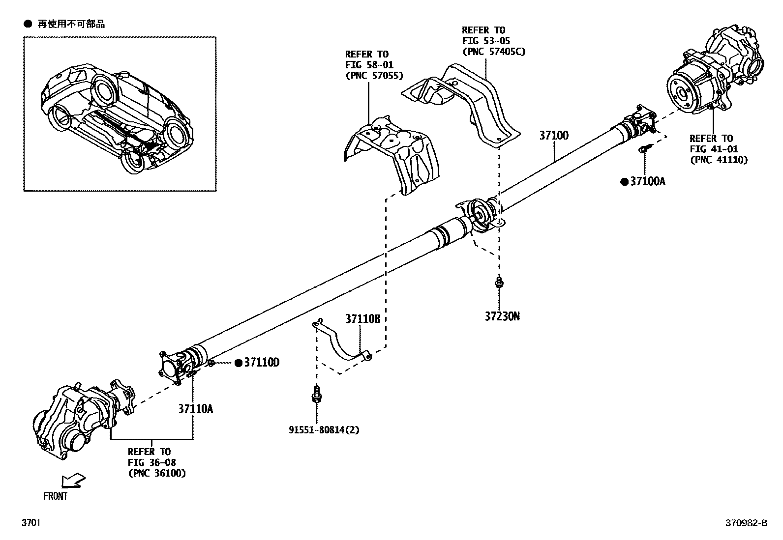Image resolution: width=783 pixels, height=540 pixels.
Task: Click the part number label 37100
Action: point(554,135)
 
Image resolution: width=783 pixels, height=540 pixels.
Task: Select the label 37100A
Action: point(647,182)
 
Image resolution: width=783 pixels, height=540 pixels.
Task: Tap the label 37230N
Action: point(502,316)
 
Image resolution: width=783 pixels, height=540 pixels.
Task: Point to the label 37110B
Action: point(362,319)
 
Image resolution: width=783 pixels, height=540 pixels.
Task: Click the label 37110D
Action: point(262,363)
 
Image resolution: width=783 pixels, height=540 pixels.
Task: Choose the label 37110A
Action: point(195,408)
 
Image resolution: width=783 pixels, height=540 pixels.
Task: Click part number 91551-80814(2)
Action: point(324,430)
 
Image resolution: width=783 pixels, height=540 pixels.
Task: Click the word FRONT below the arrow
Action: point(55,496)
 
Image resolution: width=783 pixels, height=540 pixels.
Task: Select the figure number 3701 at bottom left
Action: point(30,523)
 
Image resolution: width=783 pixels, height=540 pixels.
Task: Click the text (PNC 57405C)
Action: point(493,51)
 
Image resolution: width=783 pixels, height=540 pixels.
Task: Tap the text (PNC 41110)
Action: point(719,160)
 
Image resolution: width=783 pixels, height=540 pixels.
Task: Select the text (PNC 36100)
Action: point(157,473)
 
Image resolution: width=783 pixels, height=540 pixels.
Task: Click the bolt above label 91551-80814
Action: point(317,394)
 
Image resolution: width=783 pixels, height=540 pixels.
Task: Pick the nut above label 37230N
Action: point(499,282)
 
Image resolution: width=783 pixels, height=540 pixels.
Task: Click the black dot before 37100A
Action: point(624,182)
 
